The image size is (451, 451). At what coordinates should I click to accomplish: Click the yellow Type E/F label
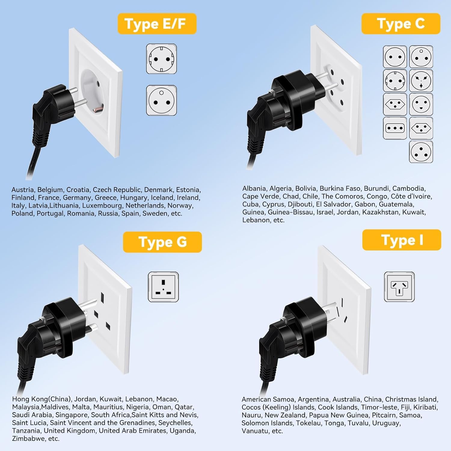click(157, 24)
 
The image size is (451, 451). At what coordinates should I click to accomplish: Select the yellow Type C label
click(400, 24)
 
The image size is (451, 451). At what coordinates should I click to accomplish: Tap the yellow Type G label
click(162, 242)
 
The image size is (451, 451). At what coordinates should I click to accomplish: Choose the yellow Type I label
click(402, 240)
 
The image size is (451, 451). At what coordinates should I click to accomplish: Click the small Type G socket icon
click(163, 287)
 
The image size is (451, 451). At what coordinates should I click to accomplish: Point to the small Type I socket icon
click(399, 287)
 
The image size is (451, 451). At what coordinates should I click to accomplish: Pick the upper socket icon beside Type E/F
click(161, 59)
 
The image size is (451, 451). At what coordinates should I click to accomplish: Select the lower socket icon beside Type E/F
click(161, 100)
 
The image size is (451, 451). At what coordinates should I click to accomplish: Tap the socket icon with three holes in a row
click(395, 128)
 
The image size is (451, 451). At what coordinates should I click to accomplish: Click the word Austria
click(23, 190)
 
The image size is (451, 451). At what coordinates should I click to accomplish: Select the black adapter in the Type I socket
click(289, 331)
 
